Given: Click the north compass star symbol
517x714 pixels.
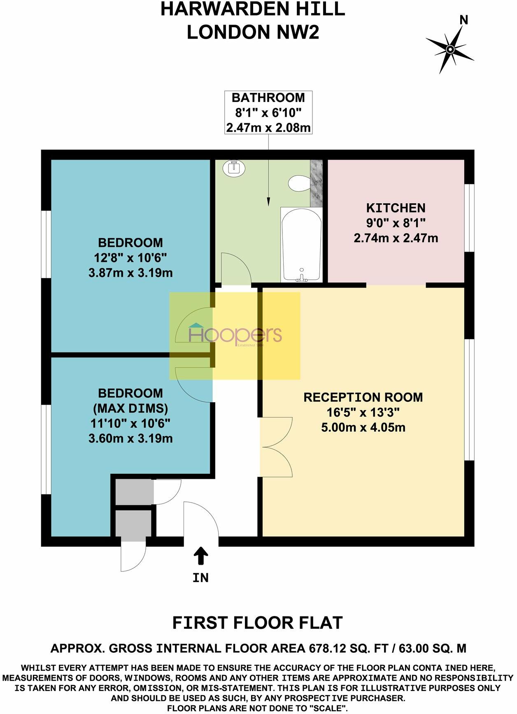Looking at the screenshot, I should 450,49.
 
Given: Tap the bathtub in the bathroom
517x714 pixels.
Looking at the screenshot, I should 301,244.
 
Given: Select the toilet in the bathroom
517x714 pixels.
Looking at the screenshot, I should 299,183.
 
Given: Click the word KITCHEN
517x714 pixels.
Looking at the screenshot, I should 396,208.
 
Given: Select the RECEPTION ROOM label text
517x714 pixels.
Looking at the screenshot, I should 363,397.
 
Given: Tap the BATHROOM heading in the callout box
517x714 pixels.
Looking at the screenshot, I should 268,98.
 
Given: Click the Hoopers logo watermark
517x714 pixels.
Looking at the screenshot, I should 235,335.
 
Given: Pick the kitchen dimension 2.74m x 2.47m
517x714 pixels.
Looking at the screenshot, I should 396,238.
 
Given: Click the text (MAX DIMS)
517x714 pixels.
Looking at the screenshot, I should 130,408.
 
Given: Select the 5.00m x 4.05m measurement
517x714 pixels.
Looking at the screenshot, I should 363,427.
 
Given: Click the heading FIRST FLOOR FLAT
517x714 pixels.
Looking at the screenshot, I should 258,623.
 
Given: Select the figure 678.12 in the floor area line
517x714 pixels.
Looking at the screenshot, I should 328,649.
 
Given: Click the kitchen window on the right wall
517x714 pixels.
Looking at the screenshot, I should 469,218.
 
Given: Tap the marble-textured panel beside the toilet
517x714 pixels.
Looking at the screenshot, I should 317,183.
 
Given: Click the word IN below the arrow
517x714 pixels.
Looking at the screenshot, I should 201,578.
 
